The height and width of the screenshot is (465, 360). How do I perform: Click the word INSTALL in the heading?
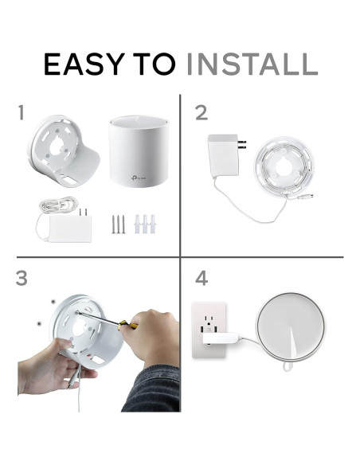252,64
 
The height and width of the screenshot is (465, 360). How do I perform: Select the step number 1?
21,113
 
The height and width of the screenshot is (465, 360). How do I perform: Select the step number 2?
202,113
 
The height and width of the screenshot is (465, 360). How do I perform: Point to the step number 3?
22,279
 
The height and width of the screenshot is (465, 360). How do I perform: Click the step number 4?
202,279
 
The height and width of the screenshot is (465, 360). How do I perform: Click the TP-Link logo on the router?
138,178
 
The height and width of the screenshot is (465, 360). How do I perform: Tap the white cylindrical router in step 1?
139,151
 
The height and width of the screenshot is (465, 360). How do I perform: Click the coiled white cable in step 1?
58,205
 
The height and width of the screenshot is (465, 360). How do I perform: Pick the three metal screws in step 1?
119,224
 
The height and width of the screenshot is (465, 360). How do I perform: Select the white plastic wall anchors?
145,224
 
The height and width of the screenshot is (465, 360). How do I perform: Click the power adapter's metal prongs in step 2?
242,144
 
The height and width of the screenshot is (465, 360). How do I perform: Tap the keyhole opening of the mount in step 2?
280,166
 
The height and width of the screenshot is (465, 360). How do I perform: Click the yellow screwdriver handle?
127,325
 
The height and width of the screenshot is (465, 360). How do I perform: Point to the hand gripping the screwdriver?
151,337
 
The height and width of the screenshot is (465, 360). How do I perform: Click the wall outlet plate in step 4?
209,330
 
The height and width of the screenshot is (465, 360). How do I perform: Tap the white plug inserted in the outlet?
221,338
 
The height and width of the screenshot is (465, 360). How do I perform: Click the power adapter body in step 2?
223,156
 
